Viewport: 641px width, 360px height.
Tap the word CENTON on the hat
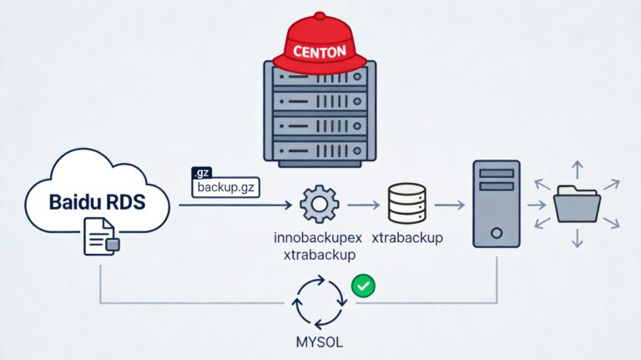click(320, 51)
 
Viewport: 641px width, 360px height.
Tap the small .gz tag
click(202, 173)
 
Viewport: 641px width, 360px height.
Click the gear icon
click(319, 204)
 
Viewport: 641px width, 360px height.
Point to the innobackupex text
click(317, 238)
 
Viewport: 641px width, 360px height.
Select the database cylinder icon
click(407, 203)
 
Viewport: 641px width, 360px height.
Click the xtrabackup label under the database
click(407, 238)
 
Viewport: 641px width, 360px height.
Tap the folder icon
click(578, 203)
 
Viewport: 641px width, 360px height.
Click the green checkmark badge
click(363, 285)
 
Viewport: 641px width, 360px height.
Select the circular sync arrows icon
click(320, 302)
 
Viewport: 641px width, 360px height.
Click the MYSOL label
click(320, 342)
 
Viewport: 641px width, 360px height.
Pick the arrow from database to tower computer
click(450, 204)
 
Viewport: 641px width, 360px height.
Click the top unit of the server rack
click(320, 78)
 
